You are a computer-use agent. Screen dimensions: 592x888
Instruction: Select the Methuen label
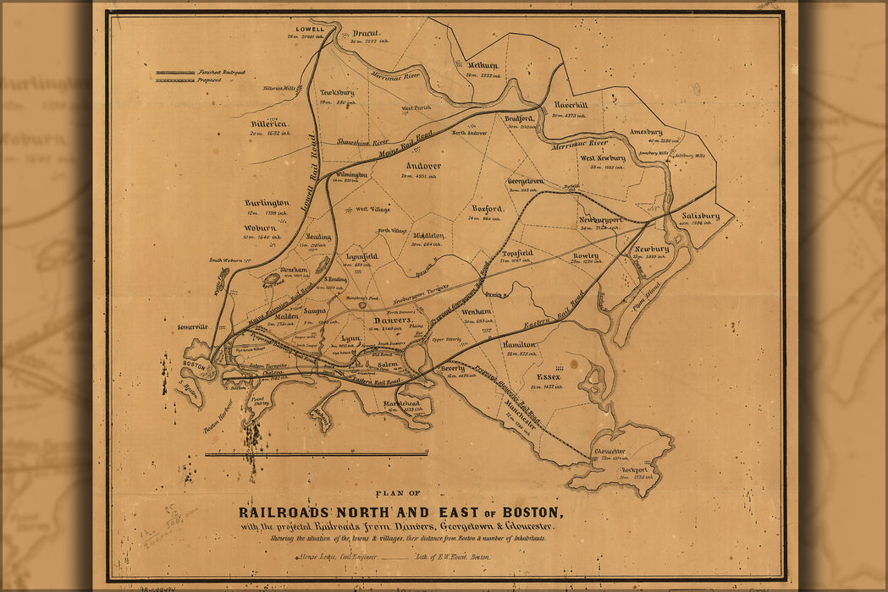483,65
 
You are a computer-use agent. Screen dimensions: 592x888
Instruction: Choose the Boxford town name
488,208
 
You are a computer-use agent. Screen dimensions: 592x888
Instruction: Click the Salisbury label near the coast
700,216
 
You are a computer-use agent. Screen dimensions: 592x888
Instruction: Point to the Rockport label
634,470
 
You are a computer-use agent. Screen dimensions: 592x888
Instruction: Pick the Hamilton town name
519,345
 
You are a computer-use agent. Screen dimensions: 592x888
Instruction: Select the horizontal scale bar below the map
317,454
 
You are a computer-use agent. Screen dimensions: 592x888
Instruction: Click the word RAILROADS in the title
286,513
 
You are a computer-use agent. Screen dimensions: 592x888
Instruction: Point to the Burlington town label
267,203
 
